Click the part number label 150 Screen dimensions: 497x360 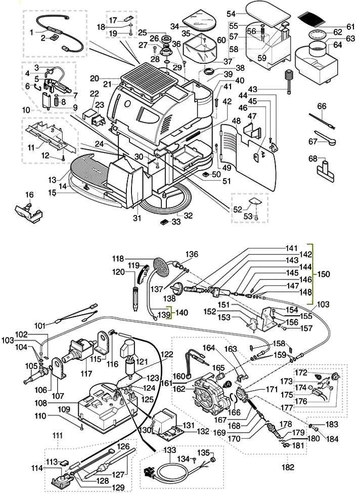(x=323, y=274)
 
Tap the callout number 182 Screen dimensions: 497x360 (x=288, y=467)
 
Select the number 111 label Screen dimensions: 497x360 (x=58, y=436)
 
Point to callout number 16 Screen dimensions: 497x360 (x=29, y=194)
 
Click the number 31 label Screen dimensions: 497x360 (x=136, y=218)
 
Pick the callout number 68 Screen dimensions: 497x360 (x=313, y=158)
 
